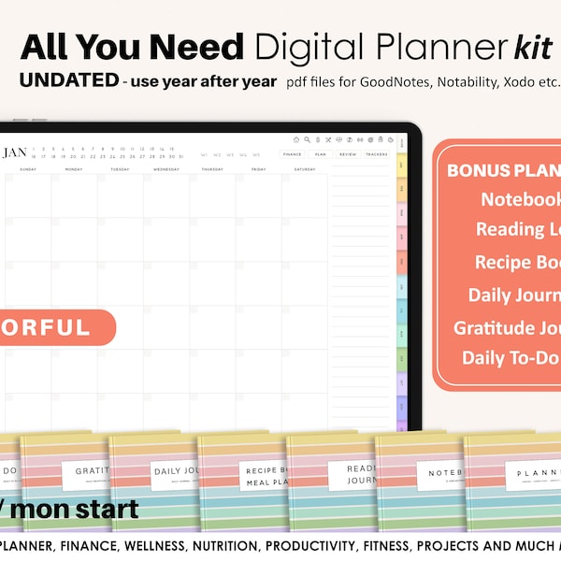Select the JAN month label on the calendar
tap(16, 152)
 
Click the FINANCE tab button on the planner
tap(292, 154)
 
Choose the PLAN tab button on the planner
tap(320, 154)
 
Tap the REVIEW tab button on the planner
tap(348, 154)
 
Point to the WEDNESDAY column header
tap(165, 170)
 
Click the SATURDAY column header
tap(304, 170)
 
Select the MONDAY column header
tap(74, 170)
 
